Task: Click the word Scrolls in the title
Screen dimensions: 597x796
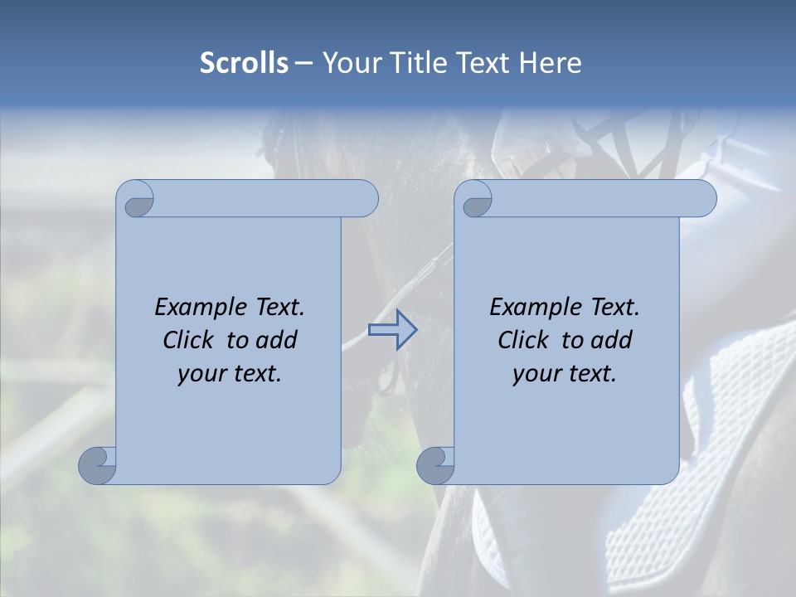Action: coord(245,63)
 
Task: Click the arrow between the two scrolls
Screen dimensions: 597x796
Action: coord(392,330)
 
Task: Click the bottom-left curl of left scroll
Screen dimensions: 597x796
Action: coord(97,464)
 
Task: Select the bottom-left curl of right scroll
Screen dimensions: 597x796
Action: coord(434,464)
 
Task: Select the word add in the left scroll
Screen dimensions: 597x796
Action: coord(278,340)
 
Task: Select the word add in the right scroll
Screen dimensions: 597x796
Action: coord(613,340)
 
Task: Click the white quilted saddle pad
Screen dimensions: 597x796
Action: coord(730,431)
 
